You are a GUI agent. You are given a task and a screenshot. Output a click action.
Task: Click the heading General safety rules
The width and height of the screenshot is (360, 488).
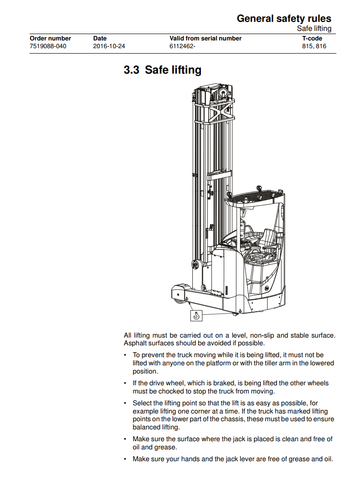point(284,19)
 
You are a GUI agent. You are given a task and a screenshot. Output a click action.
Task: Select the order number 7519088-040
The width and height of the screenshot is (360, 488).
point(48,46)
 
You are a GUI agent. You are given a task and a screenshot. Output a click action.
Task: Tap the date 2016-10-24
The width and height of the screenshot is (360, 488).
point(109,46)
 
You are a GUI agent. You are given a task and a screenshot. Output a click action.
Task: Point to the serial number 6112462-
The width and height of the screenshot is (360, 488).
point(182,46)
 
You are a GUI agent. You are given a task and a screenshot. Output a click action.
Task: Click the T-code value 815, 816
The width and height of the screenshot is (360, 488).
point(314,46)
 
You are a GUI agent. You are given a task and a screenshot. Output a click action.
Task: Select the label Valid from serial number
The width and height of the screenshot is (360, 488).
point(205,38)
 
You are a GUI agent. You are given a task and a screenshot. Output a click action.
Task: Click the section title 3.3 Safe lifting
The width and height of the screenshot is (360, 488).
point(162,70)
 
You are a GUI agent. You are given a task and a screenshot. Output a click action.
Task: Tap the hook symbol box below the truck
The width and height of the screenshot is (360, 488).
point(196,315)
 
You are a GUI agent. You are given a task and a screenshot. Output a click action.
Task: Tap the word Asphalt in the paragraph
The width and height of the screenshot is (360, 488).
point(135,343)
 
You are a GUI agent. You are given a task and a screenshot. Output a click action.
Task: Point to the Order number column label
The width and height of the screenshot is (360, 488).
point(50,38)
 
